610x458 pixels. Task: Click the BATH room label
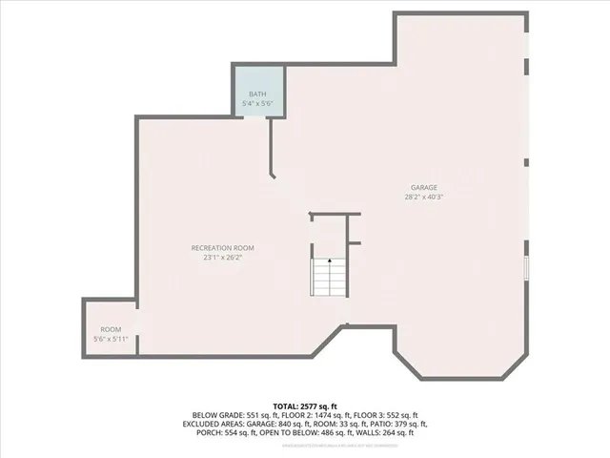[257, 94]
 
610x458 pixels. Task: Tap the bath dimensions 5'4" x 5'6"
[257, 102]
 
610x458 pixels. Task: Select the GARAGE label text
[424, 187]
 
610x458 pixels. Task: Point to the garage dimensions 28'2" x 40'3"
[424, 197]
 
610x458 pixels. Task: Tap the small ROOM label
[111, 330]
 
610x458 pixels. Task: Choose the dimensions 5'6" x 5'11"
[111, 339]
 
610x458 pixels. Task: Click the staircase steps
[329, 279]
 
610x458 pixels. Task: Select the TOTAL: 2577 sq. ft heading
[305, 406]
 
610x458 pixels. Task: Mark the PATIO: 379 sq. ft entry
[397, 424]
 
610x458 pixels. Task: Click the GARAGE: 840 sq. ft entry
[273, 424]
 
